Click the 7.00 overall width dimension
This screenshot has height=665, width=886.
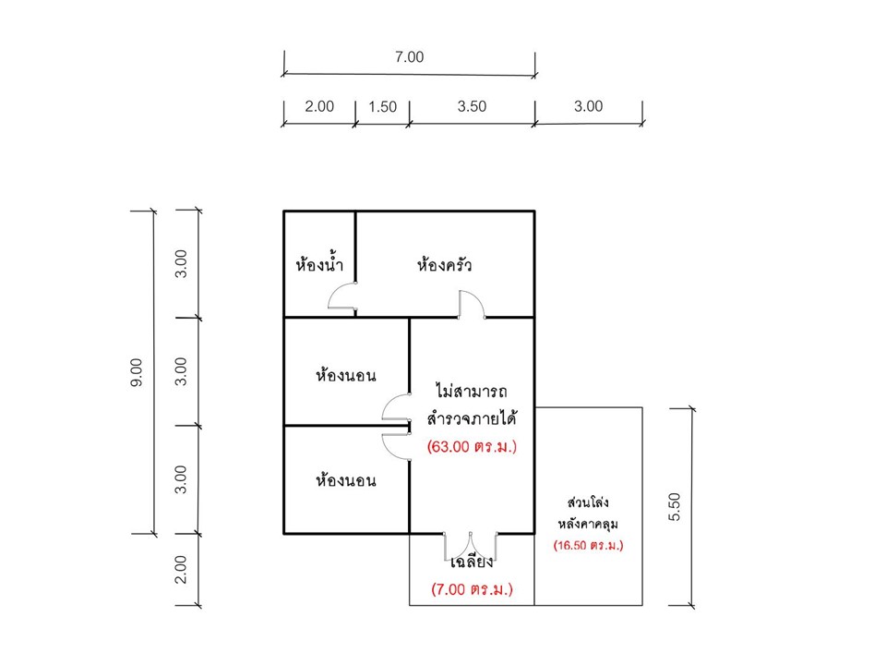(409, 57)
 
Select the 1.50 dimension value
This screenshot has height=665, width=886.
(382, 107)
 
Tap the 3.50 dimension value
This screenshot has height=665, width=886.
(472, 106)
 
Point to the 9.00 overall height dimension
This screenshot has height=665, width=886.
(137, 372)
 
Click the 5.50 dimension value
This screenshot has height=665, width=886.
(675, 507)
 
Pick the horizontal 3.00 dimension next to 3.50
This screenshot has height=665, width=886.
(588, 106)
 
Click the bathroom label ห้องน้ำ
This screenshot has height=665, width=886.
(319, 263)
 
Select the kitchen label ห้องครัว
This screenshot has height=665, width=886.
(444, 263)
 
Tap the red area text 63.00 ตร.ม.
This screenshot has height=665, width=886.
(472, 447)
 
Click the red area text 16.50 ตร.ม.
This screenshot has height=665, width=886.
(588, 546)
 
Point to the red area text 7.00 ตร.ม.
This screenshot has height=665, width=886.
(472, 589)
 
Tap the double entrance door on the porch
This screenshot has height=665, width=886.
(470, 546)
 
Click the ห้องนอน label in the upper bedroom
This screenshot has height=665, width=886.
(346, 375)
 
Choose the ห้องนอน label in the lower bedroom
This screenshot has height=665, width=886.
(346, 480)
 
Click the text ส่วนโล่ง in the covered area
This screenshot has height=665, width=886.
(588, 502)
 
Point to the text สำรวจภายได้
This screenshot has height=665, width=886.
(472, 419)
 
